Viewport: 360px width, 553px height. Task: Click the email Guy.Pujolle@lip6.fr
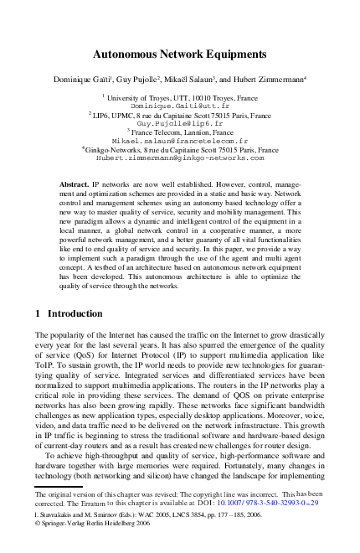click(x=180, y=123)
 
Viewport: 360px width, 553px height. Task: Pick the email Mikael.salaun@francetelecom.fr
click(x=180, y=140)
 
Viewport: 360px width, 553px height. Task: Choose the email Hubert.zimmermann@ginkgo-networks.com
click(x=180, y=157)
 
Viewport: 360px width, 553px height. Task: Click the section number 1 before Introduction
click(x=38, y=313)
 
